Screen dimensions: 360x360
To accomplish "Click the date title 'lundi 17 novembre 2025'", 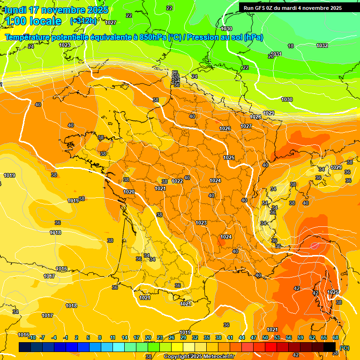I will pos(56,10).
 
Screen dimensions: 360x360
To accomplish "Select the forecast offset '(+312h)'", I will pos(83,21).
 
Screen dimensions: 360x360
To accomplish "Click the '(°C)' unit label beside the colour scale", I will pos(344,348).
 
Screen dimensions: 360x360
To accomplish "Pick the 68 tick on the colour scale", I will pos(335,337).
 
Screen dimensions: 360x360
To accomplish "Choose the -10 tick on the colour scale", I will pos(32,337).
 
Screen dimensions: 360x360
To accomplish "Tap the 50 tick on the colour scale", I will pos(265,337).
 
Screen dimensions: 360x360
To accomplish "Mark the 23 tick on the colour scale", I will pos(160,337).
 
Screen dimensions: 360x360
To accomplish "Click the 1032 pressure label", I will pos(322,45).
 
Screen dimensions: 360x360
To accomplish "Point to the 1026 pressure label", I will pos(225,128).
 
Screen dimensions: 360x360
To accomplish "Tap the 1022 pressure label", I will pos(177,181).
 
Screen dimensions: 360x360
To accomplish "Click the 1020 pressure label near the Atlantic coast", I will pos(129,192).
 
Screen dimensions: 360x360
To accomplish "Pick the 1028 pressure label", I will pos(255,117).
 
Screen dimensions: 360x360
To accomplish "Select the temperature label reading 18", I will pos(291,46).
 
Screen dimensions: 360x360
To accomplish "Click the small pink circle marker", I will pos(315,245).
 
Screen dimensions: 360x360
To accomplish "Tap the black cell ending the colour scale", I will pos(330,347).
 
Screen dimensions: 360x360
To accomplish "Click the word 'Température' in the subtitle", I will pos(28,37).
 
